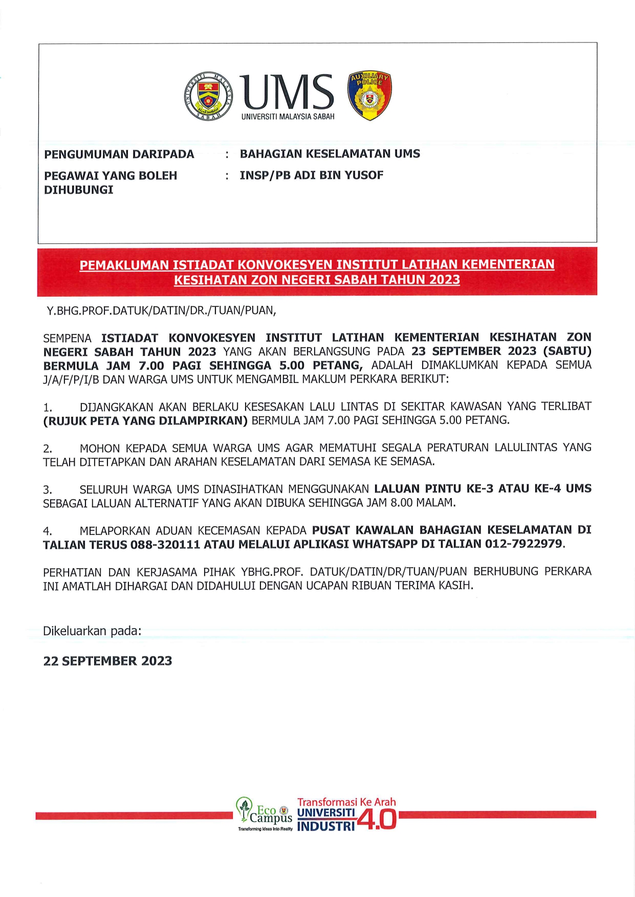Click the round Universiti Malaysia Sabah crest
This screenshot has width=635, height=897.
208,96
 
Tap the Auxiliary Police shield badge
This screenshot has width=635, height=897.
369,96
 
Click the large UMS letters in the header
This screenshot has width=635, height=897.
287,92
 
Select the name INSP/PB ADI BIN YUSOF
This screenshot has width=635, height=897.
311,175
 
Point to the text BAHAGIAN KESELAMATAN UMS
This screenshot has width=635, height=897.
330,154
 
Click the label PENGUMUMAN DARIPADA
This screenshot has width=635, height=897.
119,154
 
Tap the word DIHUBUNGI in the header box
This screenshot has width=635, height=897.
78,190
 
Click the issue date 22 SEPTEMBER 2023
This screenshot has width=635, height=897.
107,661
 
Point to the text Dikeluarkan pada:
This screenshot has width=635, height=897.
92,631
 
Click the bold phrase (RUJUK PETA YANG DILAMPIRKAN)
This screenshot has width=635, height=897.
145,421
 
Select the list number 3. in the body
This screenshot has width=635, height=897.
48,490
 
